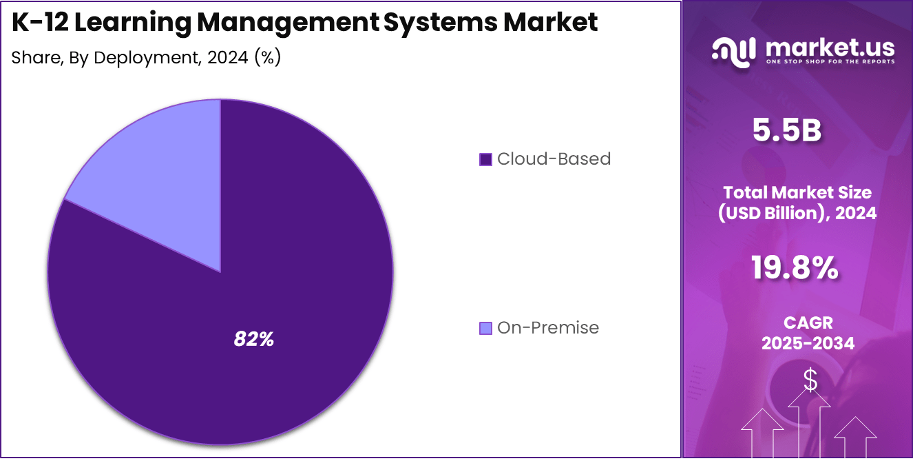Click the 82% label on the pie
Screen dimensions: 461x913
click(x=254, y=339)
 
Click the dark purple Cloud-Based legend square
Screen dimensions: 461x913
click(x=485, y=159)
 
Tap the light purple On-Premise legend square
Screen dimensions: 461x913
click(x=485, y=328)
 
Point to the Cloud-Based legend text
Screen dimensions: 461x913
click(x=554, y=159)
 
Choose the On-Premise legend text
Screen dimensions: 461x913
click(x=548, y=328)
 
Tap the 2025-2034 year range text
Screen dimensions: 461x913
click(x=808, y=343)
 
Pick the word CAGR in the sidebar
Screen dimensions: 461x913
click(x=808, y=322)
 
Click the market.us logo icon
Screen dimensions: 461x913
click(x=733, y=51)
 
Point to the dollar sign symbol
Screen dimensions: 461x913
click(x=810, y=380)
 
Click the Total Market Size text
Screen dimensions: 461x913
click(x=797, y=192)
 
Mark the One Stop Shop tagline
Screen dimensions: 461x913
click(x=830, y=61)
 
